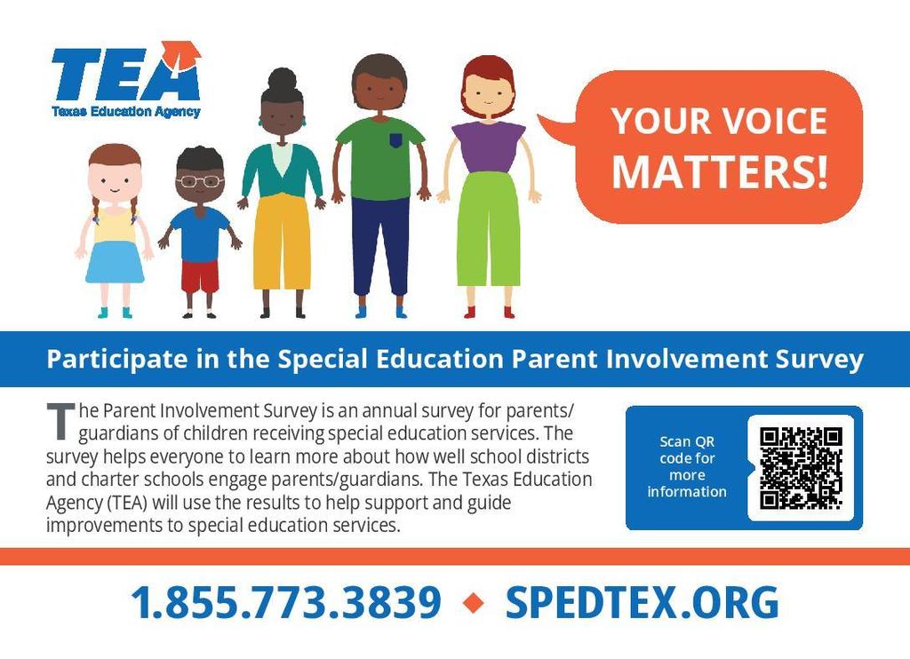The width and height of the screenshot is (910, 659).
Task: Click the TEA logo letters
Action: coord(124,76)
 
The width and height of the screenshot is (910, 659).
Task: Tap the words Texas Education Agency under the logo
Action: coord(125,112)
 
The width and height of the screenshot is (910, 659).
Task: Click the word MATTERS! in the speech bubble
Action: coord(719,171)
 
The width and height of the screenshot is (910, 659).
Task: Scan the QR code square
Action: coord(800,467)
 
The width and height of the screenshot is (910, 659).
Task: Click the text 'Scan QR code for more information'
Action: coord(686,467)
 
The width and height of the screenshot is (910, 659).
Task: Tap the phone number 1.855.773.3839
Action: coord(285,603)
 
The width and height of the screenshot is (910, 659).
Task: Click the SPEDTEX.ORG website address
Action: coord(641,603)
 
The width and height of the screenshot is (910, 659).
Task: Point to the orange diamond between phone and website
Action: coord(474,604)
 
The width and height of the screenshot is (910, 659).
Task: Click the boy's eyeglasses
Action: coord(200,181)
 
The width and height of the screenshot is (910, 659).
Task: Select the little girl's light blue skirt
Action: coord(115,262)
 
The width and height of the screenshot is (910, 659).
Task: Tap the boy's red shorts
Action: coord(200,276)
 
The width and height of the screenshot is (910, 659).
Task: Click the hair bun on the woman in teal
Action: coord(282,79)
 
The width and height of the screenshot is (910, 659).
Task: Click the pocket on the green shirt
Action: coord(395,140)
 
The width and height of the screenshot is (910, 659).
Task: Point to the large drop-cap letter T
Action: coord(60,421)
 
